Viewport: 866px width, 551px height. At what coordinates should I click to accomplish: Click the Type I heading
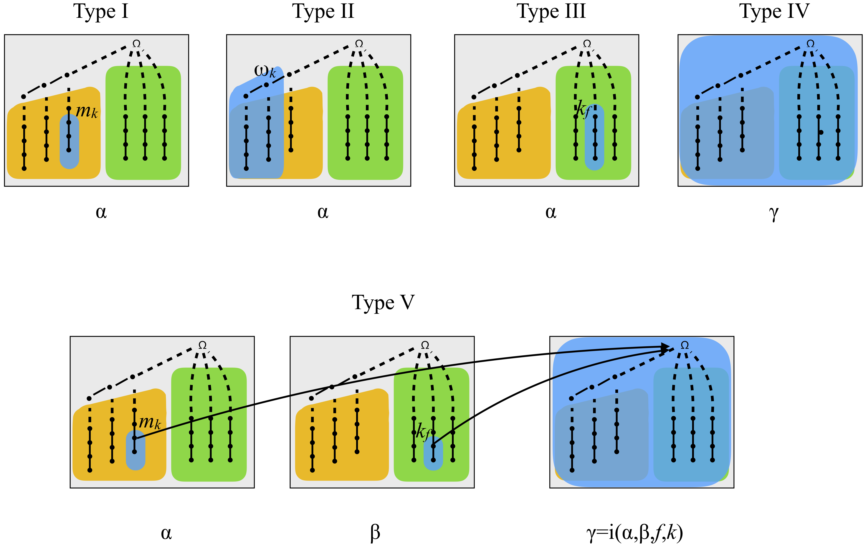tap(101, 12)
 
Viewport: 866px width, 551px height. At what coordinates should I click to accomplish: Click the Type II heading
tap(323, 12)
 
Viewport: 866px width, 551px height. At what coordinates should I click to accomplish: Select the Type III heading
tap(551, 12)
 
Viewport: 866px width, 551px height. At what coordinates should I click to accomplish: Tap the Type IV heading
tap(774, 12)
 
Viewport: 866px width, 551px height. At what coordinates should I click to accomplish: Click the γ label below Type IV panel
tap(773, 213)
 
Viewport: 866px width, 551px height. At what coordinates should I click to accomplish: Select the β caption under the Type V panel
tap(375, 533)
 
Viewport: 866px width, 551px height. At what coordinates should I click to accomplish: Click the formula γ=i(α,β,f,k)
tap(634, 533)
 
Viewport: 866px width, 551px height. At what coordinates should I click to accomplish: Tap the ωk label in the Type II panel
tap(265, 71)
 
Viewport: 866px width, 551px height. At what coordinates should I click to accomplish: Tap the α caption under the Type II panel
tap(323, 212)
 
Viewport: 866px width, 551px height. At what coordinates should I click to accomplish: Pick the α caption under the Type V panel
tap(166, 533)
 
